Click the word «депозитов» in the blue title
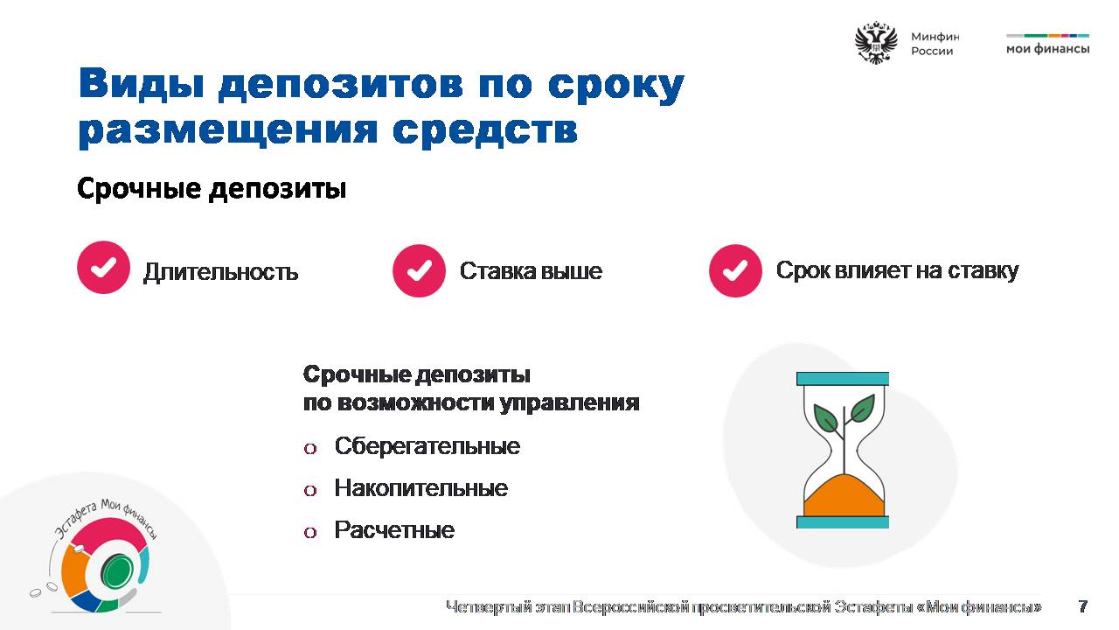pos(341,85)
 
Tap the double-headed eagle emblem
pos(876,43)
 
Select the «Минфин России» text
pos(935,44)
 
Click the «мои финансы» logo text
pos(1047,48)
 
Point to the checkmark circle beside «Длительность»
pos(103,267)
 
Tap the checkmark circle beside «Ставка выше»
pos(419,270)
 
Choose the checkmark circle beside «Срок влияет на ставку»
pos(735,270)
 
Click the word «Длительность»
pos(221,272)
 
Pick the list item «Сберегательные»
pos(427,446)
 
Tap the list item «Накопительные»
pos(421,488)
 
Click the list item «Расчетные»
pos(394,530)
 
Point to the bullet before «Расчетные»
pos(310,532)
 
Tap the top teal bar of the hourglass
pos(843,379)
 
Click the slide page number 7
pos(1083,606)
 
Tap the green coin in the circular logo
pos(117,570)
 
